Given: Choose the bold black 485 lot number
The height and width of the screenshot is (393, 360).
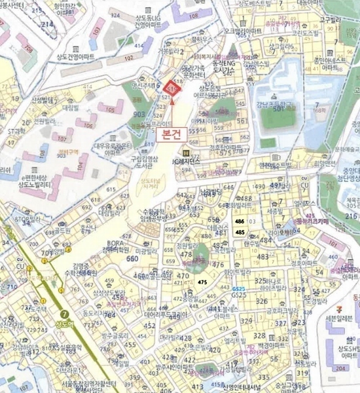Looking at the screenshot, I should pos(240,232).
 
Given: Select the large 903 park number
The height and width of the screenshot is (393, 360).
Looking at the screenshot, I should pos(139,114).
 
